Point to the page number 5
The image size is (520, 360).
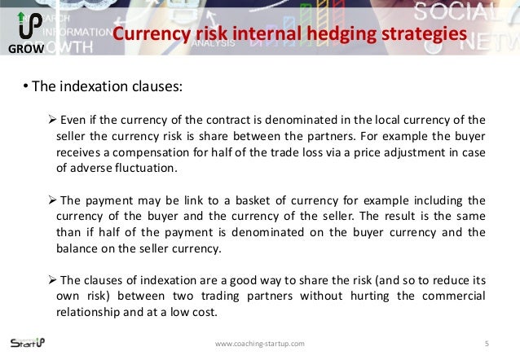point(486,343)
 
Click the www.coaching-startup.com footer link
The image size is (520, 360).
point(259,344)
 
